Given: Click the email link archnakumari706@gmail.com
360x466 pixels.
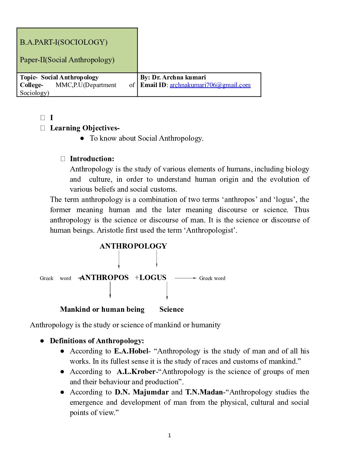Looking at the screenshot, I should coord(210,85).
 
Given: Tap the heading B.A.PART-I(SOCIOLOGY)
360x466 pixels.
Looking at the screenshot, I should coord(64,42).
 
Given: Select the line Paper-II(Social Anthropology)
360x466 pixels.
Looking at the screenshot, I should coord(67,60).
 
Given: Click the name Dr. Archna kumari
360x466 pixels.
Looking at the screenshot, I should coord(179,77).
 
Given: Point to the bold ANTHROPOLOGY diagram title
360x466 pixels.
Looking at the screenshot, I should coord(133,246).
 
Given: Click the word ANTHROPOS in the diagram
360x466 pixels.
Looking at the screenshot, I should coord(104,278).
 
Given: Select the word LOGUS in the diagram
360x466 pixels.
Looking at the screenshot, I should coord(153,278).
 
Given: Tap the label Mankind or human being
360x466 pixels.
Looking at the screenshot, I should coord(102,309).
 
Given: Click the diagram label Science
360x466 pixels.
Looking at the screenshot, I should coord(171,309).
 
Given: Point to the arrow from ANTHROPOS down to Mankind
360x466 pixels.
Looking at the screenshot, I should coord(110,290).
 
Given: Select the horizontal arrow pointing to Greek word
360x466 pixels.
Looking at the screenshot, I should coord(185,278).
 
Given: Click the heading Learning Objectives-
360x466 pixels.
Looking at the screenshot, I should coord(85,128).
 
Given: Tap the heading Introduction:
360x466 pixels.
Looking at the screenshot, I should coord(92,159).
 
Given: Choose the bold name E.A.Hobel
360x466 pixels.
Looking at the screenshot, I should coord(131,351).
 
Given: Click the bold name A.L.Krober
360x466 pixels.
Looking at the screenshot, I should coord(136,372).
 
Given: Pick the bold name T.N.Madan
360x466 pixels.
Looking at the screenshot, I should coord(204,392).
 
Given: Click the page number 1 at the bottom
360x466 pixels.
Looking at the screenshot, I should coord(169,436).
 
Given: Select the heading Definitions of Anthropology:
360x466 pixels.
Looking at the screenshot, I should coord(97,341).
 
